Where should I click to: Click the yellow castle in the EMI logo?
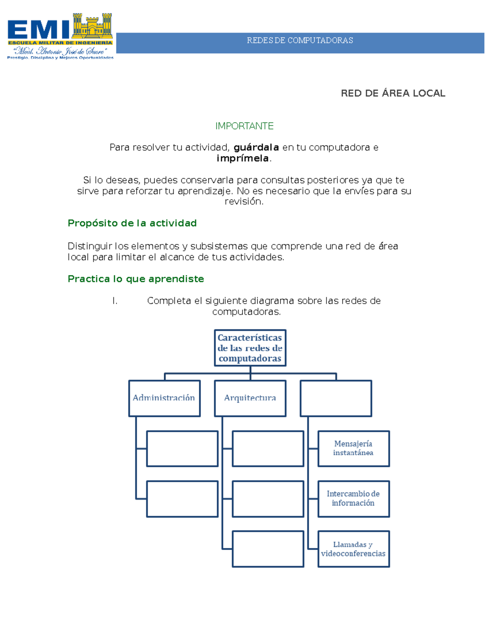[92, 26]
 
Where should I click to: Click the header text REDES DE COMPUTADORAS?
[300, 40]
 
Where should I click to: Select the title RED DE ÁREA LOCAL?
[393, 93]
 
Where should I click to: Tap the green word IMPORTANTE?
[244, 126]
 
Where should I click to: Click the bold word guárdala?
[256, 148]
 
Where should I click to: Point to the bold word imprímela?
[242, 159]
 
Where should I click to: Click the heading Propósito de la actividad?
[132, 223]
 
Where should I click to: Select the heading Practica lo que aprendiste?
[136, 279]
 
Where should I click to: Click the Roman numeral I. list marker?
[115, 301]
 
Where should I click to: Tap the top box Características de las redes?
[250, 348]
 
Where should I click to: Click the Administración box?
[165, 398]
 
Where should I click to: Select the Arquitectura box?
[250, 398]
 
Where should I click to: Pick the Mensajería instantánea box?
[354, 449]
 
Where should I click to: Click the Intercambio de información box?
[354, 499]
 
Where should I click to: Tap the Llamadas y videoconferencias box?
[354, 549]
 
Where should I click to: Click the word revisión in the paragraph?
[244, 201]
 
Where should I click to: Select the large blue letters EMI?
[38, 30]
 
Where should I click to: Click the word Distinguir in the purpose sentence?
[90, 247]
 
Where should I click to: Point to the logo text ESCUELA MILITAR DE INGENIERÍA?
[60, 43]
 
